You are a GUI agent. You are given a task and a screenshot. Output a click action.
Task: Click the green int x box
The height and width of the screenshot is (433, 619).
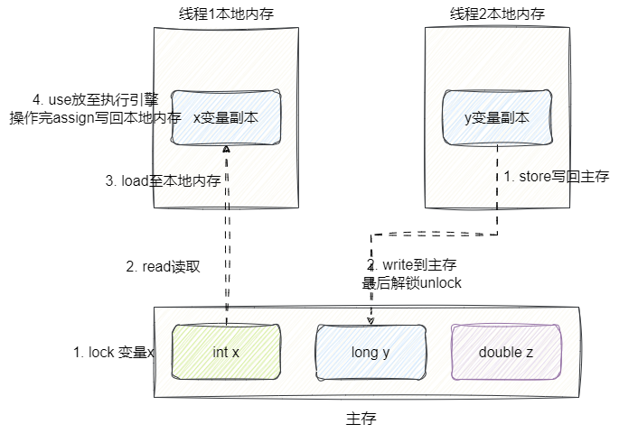[225, 352]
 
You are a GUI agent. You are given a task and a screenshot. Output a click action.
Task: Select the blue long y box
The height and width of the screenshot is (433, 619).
[370, 352]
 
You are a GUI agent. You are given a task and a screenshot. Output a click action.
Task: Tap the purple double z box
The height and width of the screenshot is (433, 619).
[506, 352]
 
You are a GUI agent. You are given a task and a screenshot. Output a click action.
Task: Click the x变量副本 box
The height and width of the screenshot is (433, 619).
[225, 117]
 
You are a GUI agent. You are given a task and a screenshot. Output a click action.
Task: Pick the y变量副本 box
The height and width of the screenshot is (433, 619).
[496, 117]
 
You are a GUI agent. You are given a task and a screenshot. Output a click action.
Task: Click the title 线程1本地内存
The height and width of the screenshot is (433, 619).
[225, 14]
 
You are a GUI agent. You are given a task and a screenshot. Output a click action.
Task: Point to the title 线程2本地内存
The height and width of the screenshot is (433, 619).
[496, 14]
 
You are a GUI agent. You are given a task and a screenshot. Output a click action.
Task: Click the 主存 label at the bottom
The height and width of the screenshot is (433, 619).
[361, 419]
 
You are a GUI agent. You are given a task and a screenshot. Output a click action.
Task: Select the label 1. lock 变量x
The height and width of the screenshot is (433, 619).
[114, 353]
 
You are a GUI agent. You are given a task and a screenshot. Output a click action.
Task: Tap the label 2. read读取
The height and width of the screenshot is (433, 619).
[163, 267]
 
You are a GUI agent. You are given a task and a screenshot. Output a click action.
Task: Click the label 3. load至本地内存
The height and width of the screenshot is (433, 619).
[164, 180]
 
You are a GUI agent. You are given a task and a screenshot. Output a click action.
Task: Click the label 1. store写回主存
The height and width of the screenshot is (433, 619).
[557, 177]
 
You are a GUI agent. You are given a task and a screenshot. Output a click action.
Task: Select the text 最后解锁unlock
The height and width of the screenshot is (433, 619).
[411, 283]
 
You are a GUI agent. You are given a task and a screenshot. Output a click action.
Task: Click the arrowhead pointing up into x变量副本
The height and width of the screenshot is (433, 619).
[226, 149]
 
